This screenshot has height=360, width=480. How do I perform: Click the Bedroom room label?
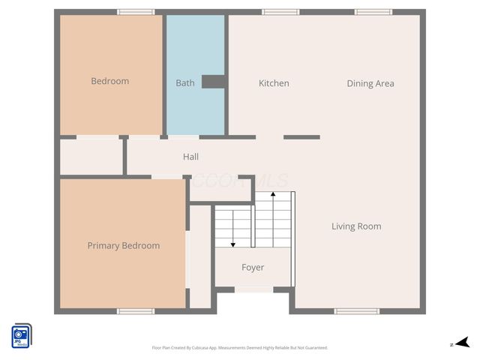109,81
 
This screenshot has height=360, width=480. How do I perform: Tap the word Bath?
184,82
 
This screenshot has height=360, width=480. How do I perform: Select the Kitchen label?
274,83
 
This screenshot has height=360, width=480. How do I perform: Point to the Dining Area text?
370,83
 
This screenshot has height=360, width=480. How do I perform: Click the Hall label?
190,157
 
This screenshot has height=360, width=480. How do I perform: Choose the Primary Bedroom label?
123,245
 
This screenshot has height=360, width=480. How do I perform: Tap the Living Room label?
356,226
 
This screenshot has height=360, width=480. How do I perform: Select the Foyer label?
252,267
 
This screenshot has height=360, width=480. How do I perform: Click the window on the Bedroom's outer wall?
136,12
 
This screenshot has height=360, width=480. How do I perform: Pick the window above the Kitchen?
280,12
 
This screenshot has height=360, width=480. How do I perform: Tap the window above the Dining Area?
373,12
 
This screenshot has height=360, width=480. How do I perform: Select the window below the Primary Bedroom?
136,310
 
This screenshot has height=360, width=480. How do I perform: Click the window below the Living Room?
357,310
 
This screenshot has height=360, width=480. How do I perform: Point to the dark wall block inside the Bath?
213,82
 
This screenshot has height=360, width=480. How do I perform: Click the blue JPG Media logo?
21,335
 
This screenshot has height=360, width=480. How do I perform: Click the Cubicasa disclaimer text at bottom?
239,347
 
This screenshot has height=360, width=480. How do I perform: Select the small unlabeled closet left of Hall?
91,156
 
